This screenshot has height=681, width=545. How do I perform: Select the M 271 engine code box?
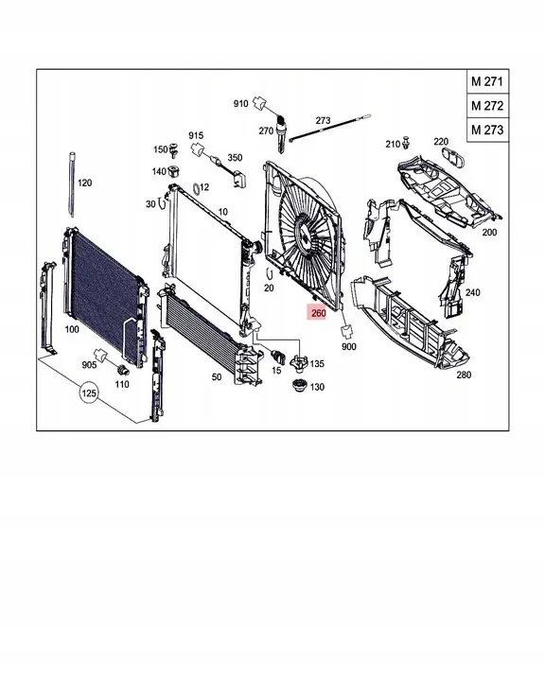click(x=487, y=82)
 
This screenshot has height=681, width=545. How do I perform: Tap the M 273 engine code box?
click(x=487, y=128)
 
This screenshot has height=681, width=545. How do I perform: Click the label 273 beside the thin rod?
click(x=323, y=121)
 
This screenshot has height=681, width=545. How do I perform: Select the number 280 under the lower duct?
click(x=463, y=375)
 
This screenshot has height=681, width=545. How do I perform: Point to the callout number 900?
click(x=349, y=347)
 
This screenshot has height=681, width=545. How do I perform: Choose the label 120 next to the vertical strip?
click(x=84, y=182)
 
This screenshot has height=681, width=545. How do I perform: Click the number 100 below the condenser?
click(x=71, y=330)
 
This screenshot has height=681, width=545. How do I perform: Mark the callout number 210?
click(x=393, y=144)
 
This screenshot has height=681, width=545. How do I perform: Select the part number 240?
click(x=472, y=293)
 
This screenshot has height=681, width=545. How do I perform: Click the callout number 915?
click(x=196, y=135)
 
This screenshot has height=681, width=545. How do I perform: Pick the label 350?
click(x=234, y=157)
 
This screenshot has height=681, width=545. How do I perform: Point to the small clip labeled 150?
click(x=174, y=150)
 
